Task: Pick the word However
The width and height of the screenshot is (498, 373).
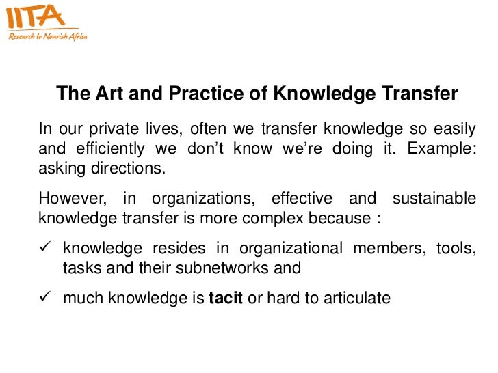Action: coord(71,199)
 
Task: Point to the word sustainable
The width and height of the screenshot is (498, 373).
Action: coord(434,199)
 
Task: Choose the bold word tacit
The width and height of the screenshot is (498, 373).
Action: coord(225,298)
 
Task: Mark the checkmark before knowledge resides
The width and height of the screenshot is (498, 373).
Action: coord(44,248)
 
